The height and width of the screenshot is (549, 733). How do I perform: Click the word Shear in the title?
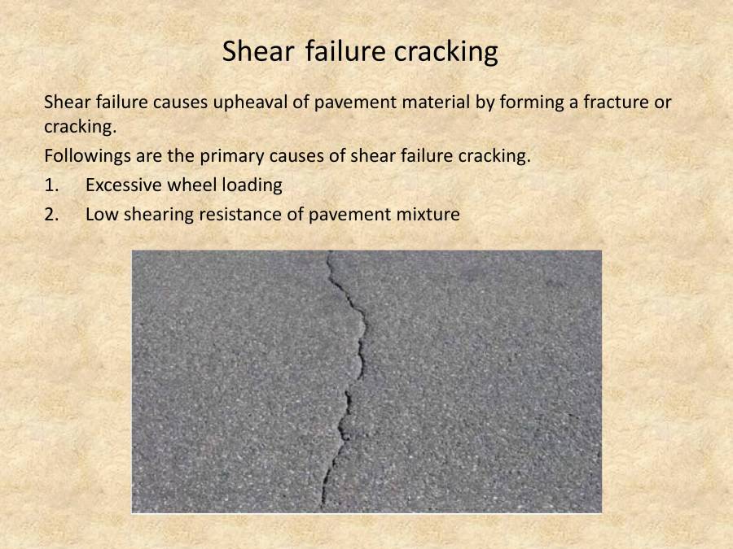point(261,52)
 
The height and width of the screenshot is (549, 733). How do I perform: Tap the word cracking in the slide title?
point(446,52)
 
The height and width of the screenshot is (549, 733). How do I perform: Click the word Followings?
point(83,156)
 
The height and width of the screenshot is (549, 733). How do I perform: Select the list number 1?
point(51,185)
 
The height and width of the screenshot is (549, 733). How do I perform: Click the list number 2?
point(51,215)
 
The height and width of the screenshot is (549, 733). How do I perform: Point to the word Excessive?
point(123,185)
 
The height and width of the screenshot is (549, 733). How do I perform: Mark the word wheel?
point(189,185)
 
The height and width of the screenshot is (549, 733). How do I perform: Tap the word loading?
point(248,185)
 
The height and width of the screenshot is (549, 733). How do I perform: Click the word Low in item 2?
point(100,215)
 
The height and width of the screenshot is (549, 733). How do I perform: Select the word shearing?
point(153,215)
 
